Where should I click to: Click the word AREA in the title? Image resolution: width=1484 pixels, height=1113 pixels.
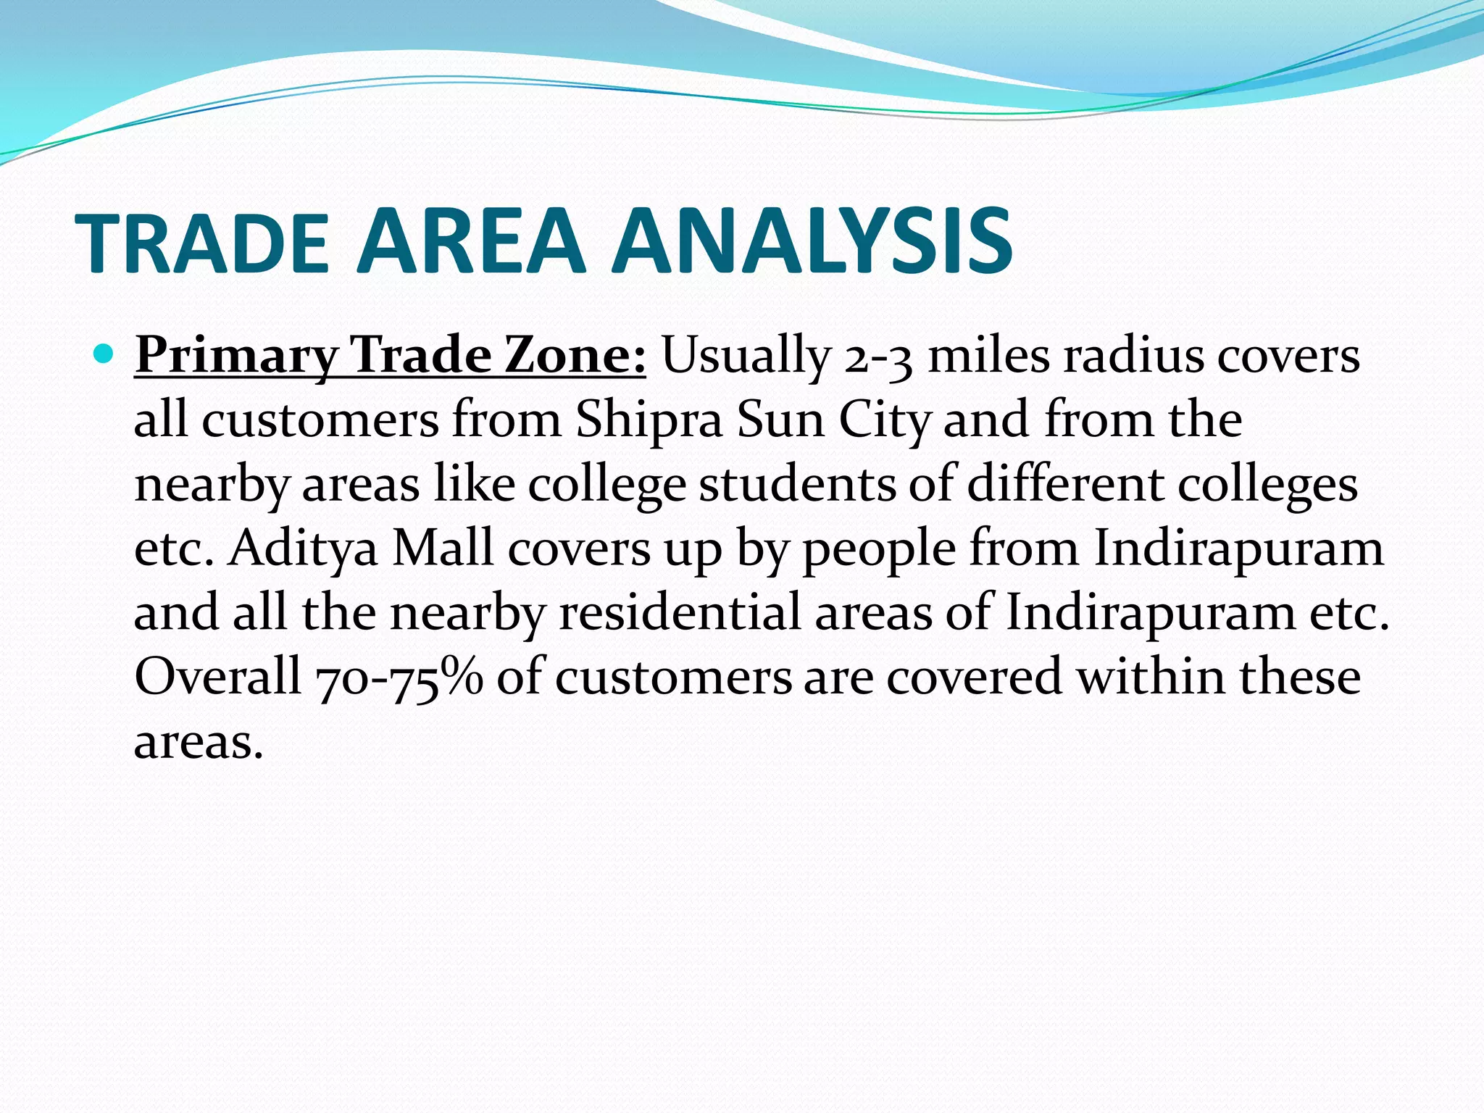(471, 241)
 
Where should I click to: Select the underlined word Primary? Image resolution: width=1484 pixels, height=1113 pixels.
(236, 357)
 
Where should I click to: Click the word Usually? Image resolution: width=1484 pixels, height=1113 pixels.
(746, 357)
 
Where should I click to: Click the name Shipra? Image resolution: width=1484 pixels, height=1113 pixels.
(649, 420)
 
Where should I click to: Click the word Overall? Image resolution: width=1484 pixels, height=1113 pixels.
(217, 676)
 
